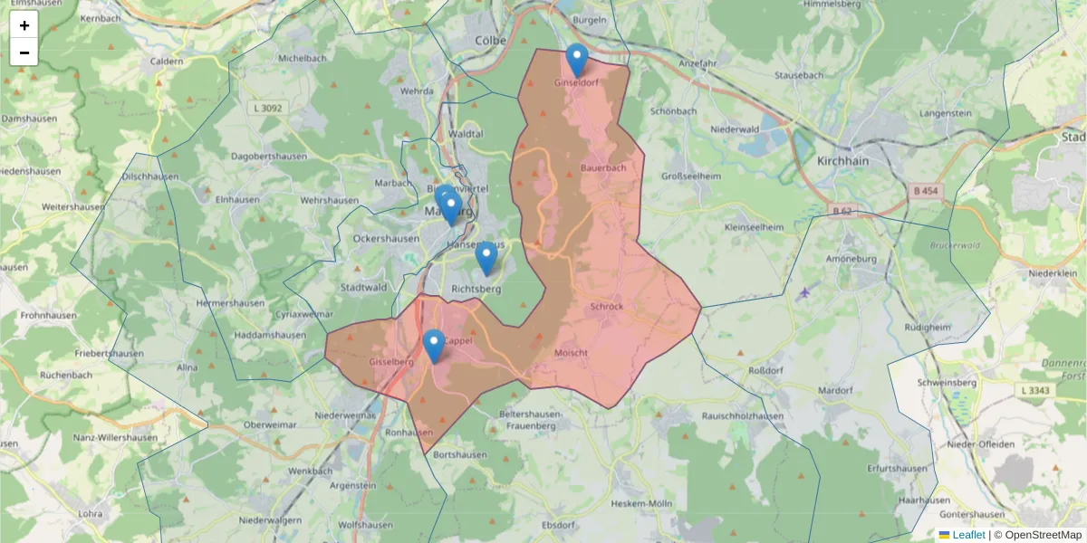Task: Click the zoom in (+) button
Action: [24, 25]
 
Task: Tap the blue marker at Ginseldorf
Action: [576, 60]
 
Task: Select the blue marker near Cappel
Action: [434, 346]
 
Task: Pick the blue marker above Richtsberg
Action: [486, 258]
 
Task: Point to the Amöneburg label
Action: [850, 259]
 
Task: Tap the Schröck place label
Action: [606, 306]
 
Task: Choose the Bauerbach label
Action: [603, 168]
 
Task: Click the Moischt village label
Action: [572, 352]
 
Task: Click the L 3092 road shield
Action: [268, 108]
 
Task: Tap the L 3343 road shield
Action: [1034, 390]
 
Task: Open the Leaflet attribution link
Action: [968, 535]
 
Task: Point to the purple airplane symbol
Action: [805, 292]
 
